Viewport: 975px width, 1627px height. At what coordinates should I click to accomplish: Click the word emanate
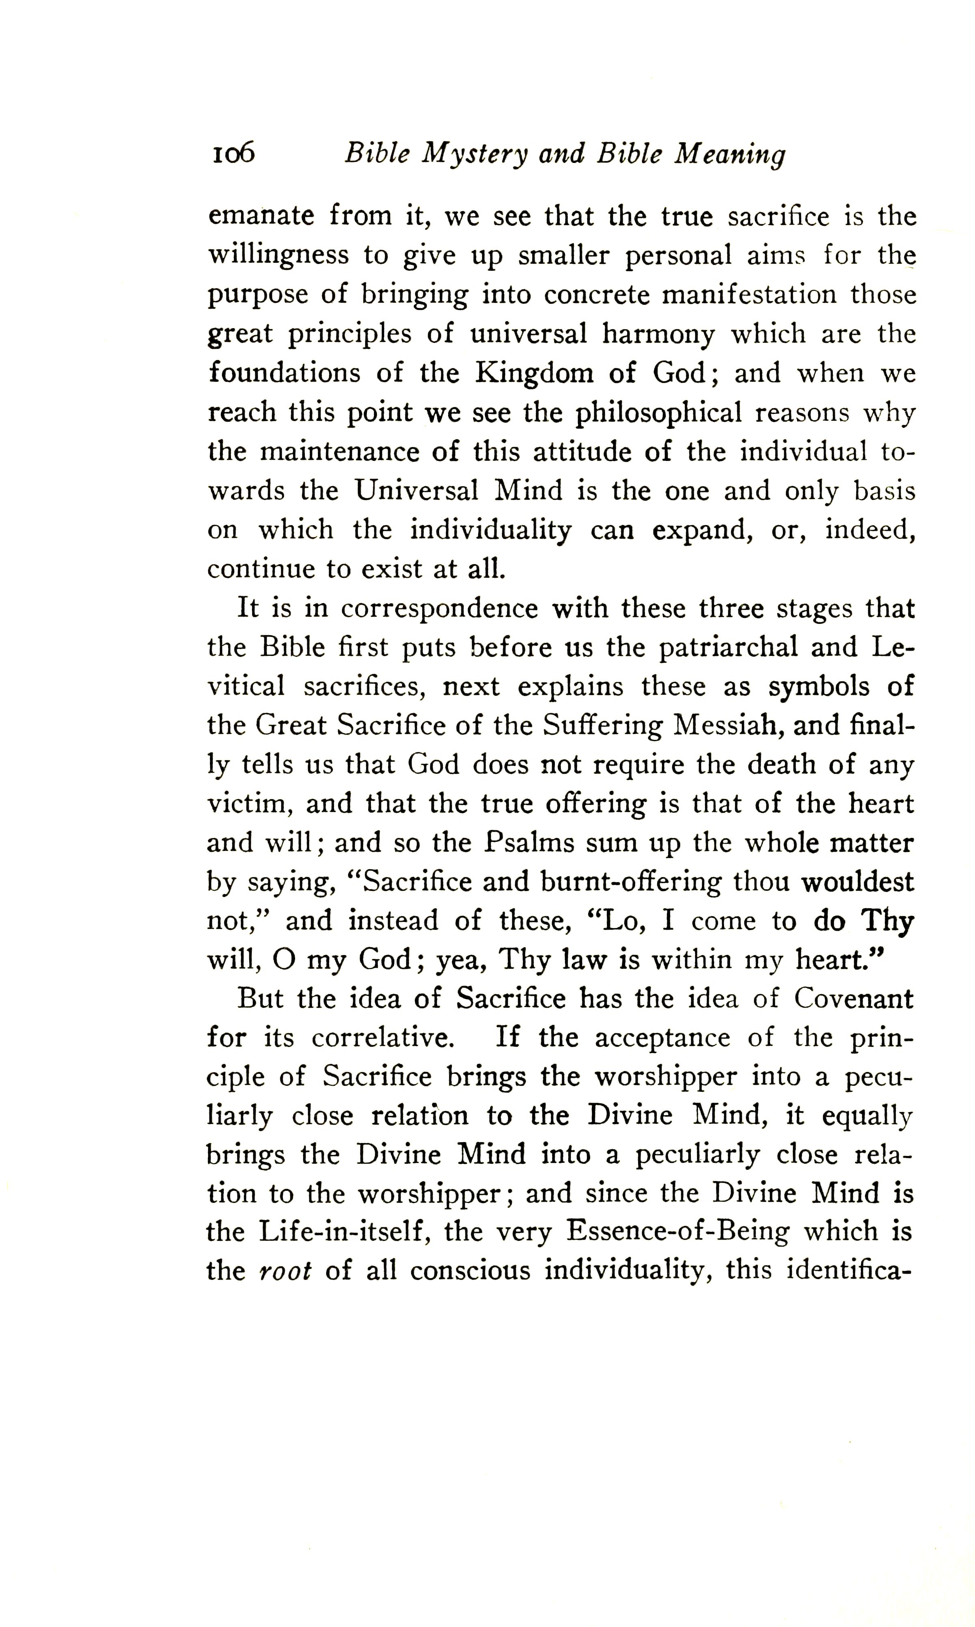(x=261, y=216)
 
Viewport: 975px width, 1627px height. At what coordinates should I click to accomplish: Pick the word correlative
(x=382, y=1039)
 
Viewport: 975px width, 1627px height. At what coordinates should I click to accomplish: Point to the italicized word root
(x=285, y=1271)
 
